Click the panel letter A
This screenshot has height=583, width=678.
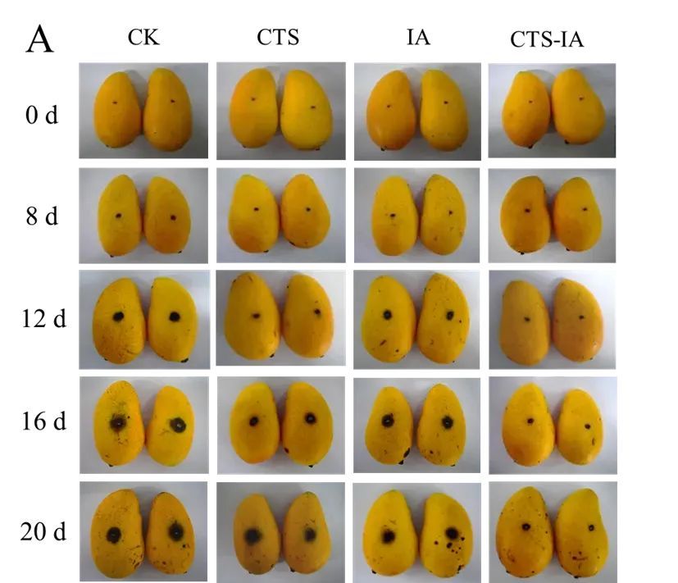(41, 39)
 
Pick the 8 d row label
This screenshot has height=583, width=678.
(42, 217)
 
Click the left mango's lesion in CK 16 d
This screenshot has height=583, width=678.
(119, 423)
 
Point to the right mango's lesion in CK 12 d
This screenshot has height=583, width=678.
(175, 317)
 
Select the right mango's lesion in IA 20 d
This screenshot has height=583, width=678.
(452, 533)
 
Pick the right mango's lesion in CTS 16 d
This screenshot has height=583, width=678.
(311, 418)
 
